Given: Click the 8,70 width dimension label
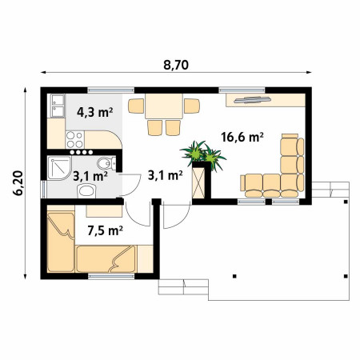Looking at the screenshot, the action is [x=176, y=66].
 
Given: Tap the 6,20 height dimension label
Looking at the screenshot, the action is [x=19, y=183].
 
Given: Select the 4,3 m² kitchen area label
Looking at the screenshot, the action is [x=94, y=112].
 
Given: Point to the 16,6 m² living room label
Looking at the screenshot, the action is [x=242, y=137].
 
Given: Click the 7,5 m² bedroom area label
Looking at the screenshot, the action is [x=105, y=230].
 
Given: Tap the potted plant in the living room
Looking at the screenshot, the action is [x=203, y=155].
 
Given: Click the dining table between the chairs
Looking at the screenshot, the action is [x=164, y=106].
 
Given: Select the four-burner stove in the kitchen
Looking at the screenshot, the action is [x=75, y=140].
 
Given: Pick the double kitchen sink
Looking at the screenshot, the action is [x=58, y=106].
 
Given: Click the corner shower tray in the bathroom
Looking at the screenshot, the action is [x=59, y=168].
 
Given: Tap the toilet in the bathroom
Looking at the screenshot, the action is [x=106, y=163].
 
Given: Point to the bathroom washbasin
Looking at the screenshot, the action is [x=86, y=191].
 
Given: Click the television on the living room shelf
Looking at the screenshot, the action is [x=252, y=100].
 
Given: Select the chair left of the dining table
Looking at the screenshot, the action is [x=136, y=106].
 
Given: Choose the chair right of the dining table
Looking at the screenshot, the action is [x=192, y=106].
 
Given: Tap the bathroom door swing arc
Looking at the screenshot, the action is [x=134, y=189].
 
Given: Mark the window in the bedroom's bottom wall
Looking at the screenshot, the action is [x=111, y=276].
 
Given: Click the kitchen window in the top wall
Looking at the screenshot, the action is [x=111, y=90].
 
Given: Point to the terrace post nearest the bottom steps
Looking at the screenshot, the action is [x=234, y=276].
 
